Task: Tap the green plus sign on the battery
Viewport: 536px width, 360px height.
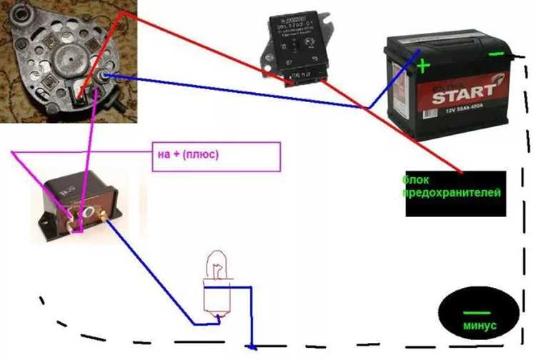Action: [424, 66]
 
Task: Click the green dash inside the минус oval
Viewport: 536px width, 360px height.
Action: [476, 312]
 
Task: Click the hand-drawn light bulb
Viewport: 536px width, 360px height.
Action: [215, 289]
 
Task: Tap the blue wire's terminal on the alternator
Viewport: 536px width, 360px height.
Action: [106, 75]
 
